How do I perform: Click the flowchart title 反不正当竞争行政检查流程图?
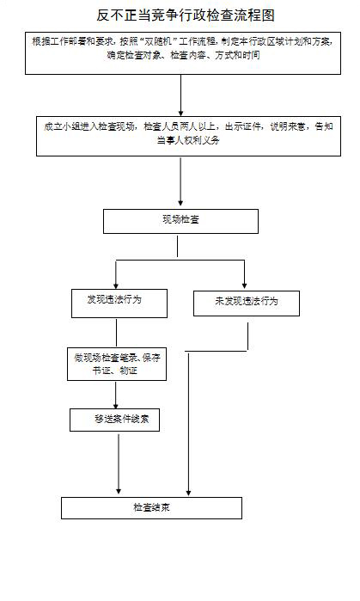[180, 15]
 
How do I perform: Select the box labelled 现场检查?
[180, 221]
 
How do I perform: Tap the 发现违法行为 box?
[114, 301]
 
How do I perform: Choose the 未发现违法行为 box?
[246, 302]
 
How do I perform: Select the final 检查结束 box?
[151, 507]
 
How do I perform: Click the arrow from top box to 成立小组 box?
[180, 95]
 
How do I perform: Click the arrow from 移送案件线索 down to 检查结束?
[117, 464]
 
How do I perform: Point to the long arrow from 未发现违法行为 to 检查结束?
[188, 421]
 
